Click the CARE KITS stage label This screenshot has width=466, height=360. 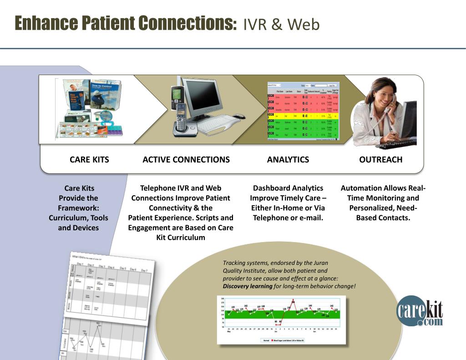(89, 159)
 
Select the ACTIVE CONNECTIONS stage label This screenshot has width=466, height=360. (186, 159)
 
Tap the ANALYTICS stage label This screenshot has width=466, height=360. (288, 159)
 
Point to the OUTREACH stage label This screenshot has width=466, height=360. (380, 159)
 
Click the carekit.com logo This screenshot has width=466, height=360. (419, 312)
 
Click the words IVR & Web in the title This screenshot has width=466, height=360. (281, 25)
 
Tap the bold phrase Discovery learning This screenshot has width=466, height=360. (247, 286)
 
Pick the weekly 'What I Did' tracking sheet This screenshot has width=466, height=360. (109, 291)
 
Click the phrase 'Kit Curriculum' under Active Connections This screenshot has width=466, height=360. (181, 238)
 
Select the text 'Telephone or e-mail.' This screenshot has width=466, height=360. (288, 218)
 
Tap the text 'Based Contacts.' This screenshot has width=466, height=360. (383, 218)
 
